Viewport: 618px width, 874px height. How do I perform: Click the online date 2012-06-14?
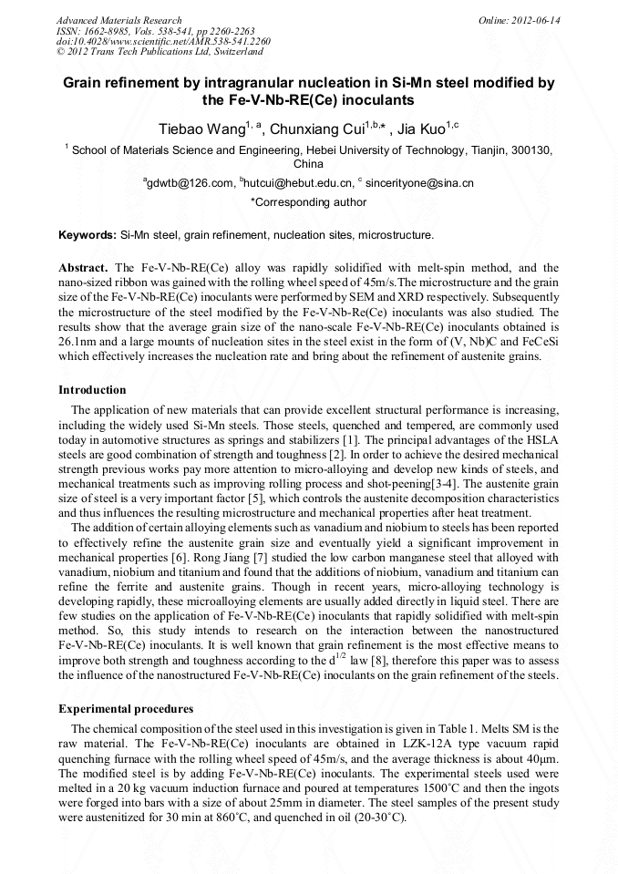click(x=535, y=19)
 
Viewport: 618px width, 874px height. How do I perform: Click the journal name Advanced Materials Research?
click(x=118, y=19)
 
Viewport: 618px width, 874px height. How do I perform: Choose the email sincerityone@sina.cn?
click(x=418, y=183)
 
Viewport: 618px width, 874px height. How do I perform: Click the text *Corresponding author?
click(x=308, y=202)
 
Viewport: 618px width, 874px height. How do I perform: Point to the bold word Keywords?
click(x=88, y=235)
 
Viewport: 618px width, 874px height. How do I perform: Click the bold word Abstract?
click(x=84, y=268)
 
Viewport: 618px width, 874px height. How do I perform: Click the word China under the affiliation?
click(x=308, y=165)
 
